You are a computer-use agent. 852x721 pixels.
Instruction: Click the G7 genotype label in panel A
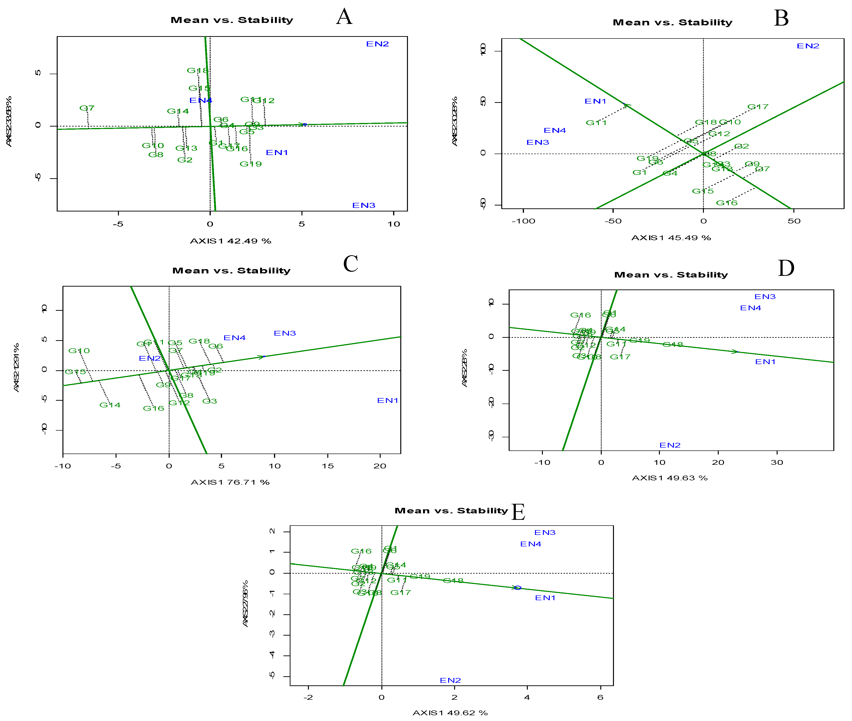tap(87, 108)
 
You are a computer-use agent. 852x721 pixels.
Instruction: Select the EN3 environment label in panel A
tap(363, 205)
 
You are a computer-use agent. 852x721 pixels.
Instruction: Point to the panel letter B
tap(781, 18)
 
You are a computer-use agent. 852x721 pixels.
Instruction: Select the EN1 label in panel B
tap(595, 101)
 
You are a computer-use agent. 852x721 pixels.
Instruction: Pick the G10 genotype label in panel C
tap(79, 351)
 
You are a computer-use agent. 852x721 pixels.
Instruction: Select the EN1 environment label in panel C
tap(387, 400)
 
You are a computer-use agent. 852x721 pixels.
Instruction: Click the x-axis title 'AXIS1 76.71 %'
tap(230, 482)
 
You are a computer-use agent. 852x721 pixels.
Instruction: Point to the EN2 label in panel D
tap(670, 445)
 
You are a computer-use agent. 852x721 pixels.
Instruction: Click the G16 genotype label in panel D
tap(580, 315)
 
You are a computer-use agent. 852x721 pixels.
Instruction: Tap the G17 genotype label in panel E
tap(400, 593)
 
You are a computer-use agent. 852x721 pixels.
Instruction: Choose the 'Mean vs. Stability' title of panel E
tap(451, 510)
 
